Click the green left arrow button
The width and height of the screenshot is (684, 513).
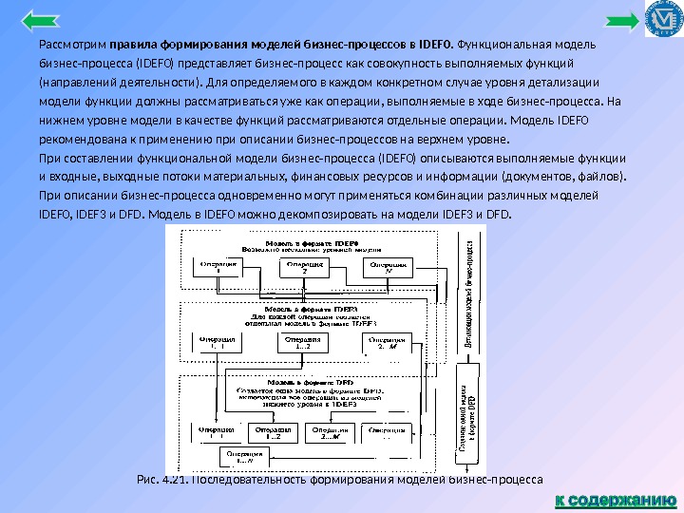tap(39, 19)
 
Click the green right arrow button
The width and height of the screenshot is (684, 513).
tap(623, 19)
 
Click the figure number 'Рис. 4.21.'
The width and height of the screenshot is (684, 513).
tap(161, 480)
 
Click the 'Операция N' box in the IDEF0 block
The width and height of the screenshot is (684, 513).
tap(388, 267)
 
